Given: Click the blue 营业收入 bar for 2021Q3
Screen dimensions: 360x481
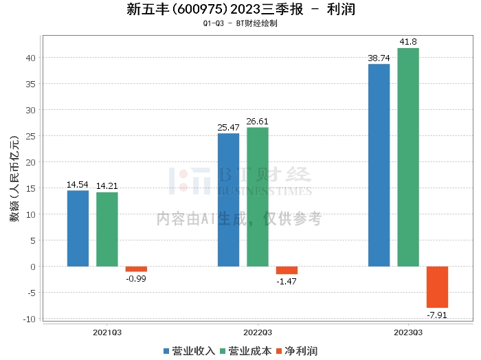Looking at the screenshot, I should (x=78, y=228).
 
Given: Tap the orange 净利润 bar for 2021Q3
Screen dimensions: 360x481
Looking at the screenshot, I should (x=136, y=269).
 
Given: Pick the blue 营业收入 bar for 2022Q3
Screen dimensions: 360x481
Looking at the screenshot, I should (x=228, y=199).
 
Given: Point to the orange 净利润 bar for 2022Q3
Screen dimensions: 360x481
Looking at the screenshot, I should (x=287, y=270).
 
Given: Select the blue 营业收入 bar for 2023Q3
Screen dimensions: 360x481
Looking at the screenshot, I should (x=379, y=165).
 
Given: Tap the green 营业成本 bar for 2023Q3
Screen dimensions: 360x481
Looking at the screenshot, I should (x=408, y=157).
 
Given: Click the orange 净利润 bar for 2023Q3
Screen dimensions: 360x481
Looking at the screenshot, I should (x=437, y=286).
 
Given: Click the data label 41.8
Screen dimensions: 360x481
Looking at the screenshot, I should (x=408, y=42).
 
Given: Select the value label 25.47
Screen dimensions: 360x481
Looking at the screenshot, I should (x=228, y=128).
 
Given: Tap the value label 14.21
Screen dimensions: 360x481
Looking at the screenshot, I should (x=107, y=185).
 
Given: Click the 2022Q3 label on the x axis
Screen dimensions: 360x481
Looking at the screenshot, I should (x=258, y=332).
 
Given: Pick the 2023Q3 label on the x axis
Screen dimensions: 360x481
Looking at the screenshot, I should (x=408, y=332).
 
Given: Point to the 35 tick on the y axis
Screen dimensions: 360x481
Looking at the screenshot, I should (x=32, y=84).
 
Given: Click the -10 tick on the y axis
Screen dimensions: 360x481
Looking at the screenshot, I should (x=30, y=319).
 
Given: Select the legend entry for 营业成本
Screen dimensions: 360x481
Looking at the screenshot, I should (x=245, y=350).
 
